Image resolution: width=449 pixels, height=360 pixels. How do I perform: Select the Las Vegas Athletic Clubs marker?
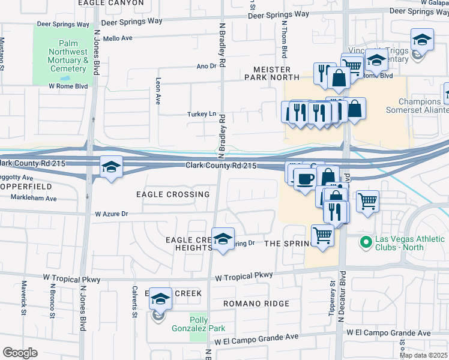pos(364,242)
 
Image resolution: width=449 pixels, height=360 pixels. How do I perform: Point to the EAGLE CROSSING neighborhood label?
pos(172,194)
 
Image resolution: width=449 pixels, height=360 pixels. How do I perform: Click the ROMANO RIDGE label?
pos(256,304)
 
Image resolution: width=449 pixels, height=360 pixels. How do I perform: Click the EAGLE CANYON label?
pos(111,3)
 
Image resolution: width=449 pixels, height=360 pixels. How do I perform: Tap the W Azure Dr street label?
pos(112,214)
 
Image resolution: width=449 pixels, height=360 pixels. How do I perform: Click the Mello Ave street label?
pos(117,38)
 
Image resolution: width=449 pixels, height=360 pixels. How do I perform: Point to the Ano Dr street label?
pos(206,66)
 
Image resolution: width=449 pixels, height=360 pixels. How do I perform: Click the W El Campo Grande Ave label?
pos(256,340)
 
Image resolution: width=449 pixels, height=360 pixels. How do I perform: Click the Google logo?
pos(20,352)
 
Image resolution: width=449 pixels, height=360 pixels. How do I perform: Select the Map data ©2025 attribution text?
pos(424,355)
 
